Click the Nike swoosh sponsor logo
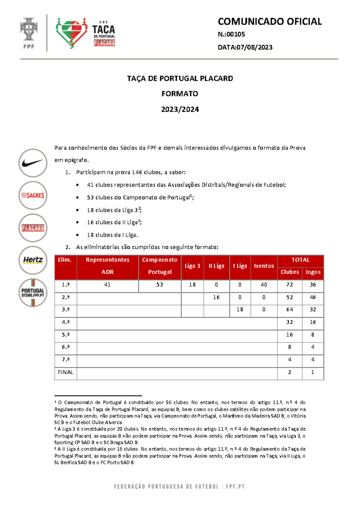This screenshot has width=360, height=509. (x=33, y=163)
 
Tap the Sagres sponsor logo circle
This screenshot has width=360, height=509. (x=33, y=195)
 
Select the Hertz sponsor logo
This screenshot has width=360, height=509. (x=33, y=260)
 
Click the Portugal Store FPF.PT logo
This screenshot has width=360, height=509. (x=33, y=293)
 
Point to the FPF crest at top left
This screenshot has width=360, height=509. (x=29, y=32)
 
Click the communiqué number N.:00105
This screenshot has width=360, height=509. (x=231, y=34)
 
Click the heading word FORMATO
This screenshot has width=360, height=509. (x=180, y=94)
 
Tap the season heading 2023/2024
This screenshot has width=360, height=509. (x=180, y=109)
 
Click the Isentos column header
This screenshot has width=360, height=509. (x=264, y=266)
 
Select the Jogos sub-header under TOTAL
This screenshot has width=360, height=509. (x=313, y=272)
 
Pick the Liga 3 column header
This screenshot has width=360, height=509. (x=192, y=266)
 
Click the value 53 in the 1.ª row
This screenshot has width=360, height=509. (x=160, y=285)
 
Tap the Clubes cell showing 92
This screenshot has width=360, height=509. (x=289, y=297)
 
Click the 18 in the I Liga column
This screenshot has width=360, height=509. (x=240, y=310)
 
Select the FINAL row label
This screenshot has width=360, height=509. (x=65, y=372)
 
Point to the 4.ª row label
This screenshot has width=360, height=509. (x=65, y=322)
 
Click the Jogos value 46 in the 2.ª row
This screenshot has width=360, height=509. (x=313, y=297)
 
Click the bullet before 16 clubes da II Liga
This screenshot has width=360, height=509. (x=77, y=223)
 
